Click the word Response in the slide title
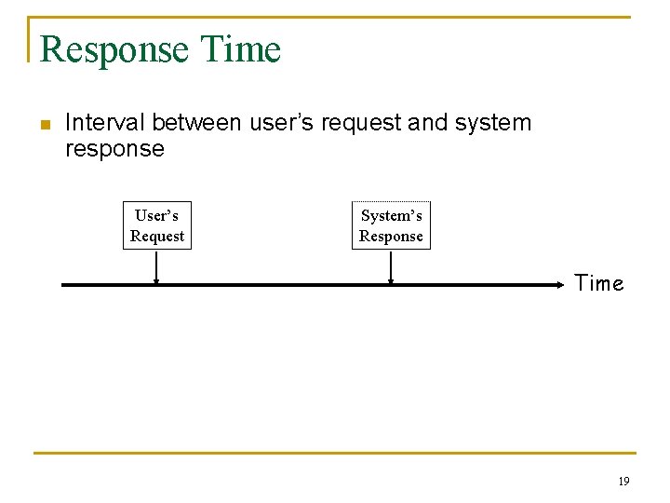102,49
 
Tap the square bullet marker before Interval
43,124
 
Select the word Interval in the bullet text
105,123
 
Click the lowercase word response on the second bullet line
114,149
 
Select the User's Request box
157,225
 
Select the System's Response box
391,225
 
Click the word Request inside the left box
157,237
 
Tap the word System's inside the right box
391,216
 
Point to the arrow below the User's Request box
156,267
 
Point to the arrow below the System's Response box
390,267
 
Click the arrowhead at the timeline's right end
561,285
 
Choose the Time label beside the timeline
599,284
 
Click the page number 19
623,482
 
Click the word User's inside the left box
157,216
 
